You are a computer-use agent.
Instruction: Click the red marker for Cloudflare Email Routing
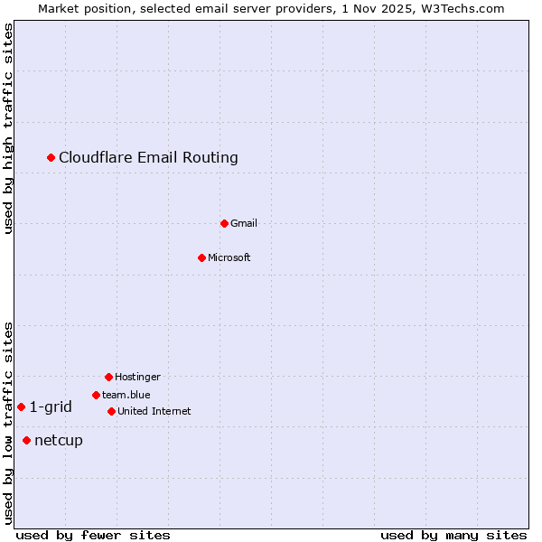[x=51, y=158]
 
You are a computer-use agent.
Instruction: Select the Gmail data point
[x=224, y=223]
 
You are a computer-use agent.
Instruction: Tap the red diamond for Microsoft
[x=201, y=257]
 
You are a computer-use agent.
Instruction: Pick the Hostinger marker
[x=108, y=377]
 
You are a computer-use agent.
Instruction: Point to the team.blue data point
[x=96, y=395]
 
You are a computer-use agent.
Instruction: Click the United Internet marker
[x=111, y=411]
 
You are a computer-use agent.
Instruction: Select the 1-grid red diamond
[x=21, y=406]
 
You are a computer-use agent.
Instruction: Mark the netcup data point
[x=26, y=440]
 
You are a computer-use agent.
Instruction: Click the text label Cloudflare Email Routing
[x=148, y=158]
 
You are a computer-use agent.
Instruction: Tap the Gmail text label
[x=244, y=223]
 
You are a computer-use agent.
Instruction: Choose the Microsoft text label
[x=229, y=257]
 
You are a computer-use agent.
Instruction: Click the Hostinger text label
[x=137, y=377]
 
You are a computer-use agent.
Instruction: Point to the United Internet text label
[x=154, y=411]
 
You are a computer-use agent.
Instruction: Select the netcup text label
[x=59, y=440]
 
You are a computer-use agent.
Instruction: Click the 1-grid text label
[x=51, y=406]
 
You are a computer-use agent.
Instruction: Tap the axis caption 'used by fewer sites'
[x=93, y=535]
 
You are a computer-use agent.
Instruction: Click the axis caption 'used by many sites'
[x=453, y=535]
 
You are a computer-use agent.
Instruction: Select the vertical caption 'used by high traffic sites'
[x=9, y=128]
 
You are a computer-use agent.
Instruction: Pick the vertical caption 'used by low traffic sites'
[x=9, y=423]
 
